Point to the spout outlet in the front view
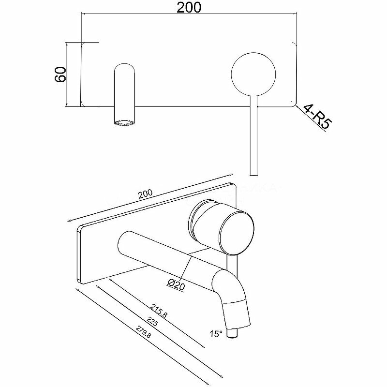pos(125,122)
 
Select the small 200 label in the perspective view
pos(145,194)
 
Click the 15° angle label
pos(216,334)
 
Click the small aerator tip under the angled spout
pos(236,334)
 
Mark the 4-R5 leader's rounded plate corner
pos(293,103)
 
